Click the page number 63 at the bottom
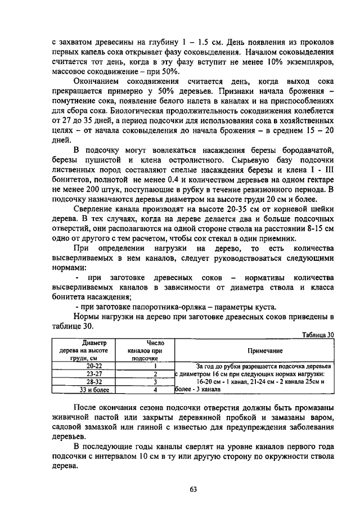[192, 489]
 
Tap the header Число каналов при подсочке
[146, 350]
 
